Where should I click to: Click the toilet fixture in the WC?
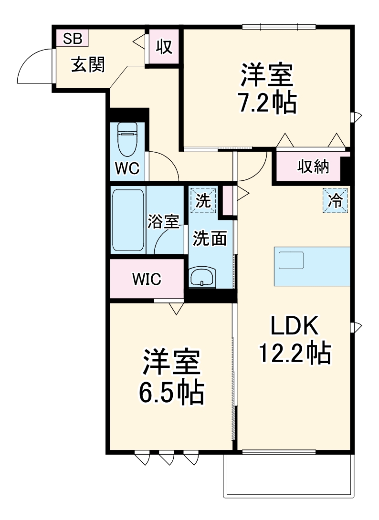click(127, 139)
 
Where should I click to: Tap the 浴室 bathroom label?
click(163, 221)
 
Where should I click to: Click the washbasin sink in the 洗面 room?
click(203, 277)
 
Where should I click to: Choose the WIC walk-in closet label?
click(147, 279)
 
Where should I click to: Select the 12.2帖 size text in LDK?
click(294, 354)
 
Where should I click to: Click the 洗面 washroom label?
click(210, 239)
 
